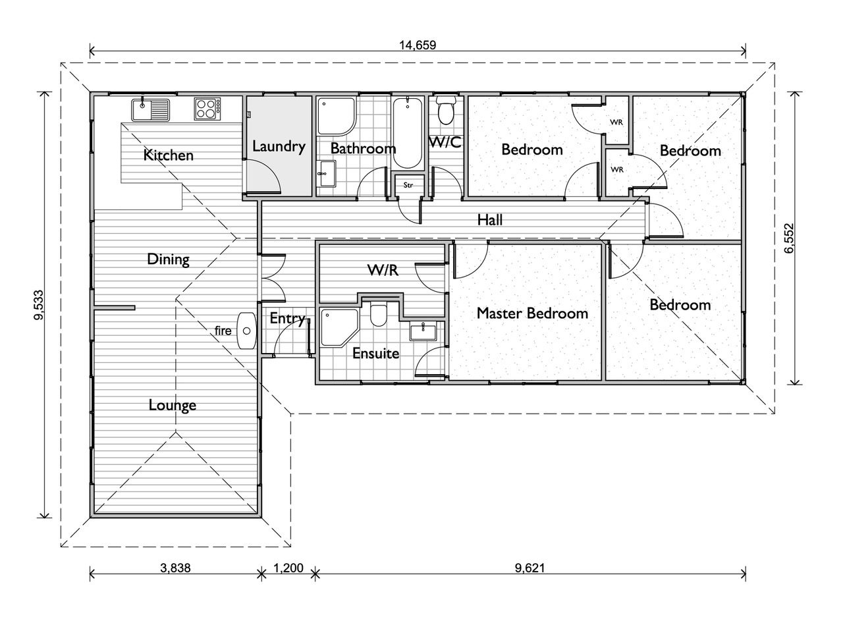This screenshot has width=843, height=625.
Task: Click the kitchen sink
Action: (150, 109)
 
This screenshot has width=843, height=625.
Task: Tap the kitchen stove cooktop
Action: (207, 109)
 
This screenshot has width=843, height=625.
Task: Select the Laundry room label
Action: (279, 146)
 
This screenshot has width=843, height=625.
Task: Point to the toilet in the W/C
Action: (446, 112)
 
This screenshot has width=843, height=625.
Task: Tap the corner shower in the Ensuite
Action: (338, 328)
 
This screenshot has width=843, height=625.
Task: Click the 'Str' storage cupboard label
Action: (408, 185)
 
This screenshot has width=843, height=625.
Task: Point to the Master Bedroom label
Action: (532, 313)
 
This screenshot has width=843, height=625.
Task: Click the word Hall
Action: (490, 220)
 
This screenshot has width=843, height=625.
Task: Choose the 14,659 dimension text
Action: (418, 45)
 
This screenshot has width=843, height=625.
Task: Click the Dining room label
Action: (168, 259)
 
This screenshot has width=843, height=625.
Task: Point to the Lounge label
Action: (172, 405)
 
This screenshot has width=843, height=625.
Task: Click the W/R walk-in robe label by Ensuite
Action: (382, 270)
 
